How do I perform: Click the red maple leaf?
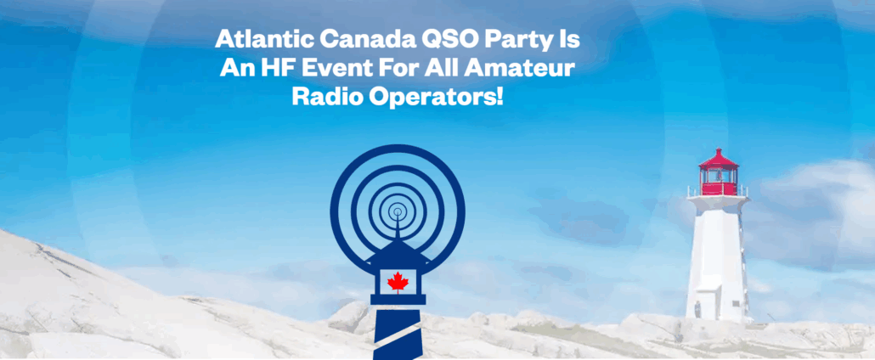point(398,282)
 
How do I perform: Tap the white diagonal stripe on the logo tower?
point(398,337)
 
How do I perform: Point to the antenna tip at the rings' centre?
point(398,211)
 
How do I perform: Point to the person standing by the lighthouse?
point(697,309)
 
